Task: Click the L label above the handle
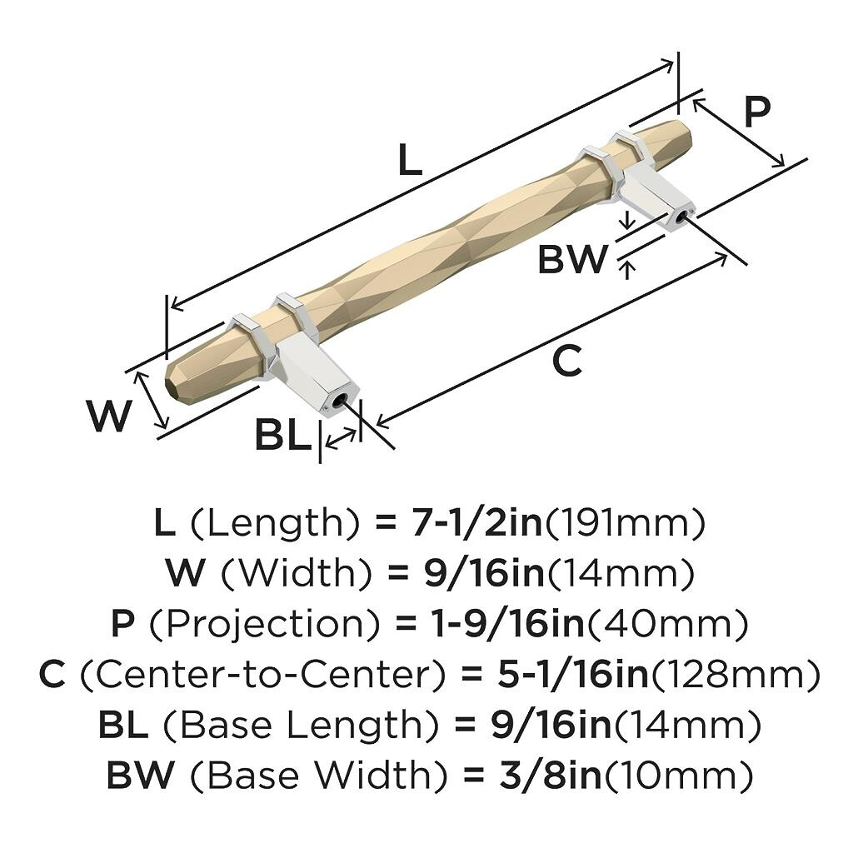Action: pyautogui.click(x=409, y=161)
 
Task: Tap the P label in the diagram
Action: pyautogui.click(x=756, y=112)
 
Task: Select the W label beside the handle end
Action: pyautogui.click(x=109, y=416)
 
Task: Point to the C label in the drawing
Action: pyautogui.click(x=567, y=362)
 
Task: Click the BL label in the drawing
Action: pyautogui.click(x=282, y=436)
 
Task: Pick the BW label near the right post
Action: pyautogui.click(x=573, y=260)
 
